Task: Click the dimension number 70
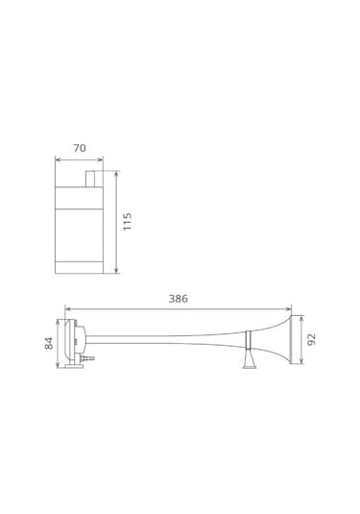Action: (x=80, y=148)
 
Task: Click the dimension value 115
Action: (x=127, y=221)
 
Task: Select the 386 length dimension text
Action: (x=179, y=299)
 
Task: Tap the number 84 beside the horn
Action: (x=49, y=343)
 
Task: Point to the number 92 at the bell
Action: (x=312, y=339)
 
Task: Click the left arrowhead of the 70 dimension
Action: (x=58, y=159)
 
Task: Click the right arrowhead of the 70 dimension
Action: (x=101, y=159)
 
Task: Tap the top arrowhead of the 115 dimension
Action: (x=116, y=173)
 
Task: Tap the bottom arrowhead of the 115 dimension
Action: (x=116, y=270)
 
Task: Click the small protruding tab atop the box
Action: (x=90, y=179)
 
